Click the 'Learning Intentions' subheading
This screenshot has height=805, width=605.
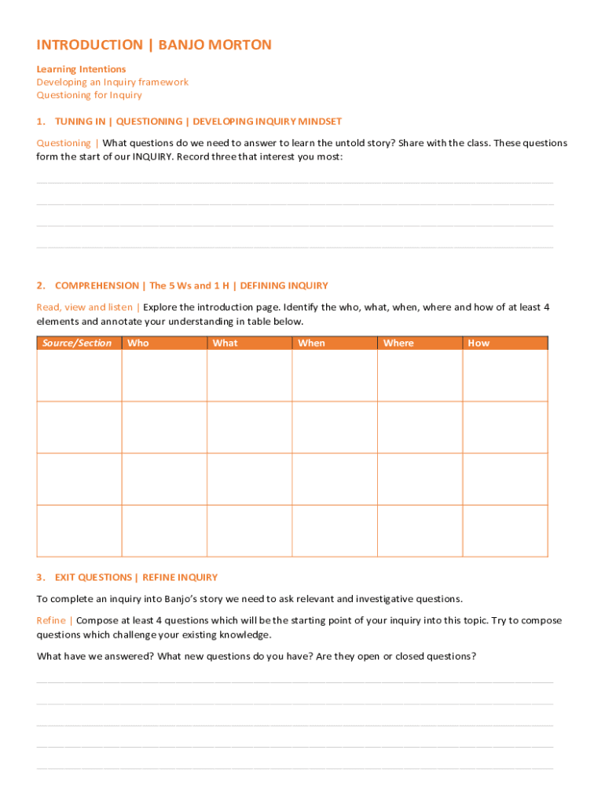tap(81, 69)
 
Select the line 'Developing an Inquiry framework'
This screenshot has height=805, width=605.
tap(112, 82)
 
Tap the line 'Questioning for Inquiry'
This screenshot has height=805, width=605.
tap(89, 95)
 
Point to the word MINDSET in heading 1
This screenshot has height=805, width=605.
tap(317, 121)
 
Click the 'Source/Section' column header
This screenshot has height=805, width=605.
tap(78, 343)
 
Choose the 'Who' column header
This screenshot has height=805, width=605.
tap(138, 343)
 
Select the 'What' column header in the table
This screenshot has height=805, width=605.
tap(225, 343)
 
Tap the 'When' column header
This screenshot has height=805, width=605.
tap(311, 343)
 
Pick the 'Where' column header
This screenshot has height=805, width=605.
tap(398, 343)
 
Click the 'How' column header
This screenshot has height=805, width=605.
tap(478, 343)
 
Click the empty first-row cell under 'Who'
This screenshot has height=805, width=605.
tap(164, 376)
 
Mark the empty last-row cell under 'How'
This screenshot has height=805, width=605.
tap(505, 531)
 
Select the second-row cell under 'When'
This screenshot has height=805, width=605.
tap(335, 428)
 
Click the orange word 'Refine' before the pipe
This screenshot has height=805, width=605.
tap(51, 620)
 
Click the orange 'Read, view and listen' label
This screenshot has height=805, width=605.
tap(85, 307)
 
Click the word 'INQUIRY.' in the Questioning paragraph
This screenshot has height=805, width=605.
tap(153, 156)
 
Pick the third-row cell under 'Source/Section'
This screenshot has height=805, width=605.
tap(79, 479)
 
